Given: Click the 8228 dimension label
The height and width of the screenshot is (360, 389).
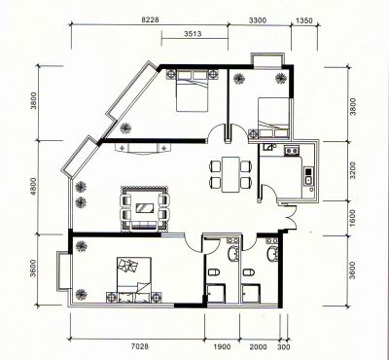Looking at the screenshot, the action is click(151, 19).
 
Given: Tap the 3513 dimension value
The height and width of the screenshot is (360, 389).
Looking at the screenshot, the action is click(193, 34).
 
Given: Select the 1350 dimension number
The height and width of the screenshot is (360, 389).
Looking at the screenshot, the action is click(304, 20).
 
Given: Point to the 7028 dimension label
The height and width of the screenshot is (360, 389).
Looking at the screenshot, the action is click(140, 346).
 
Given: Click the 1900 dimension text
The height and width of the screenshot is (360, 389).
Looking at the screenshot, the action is click(223, 347).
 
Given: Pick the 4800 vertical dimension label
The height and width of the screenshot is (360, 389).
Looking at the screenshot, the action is click(34, 187).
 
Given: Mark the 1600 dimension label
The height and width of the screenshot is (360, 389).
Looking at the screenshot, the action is click(353, 218).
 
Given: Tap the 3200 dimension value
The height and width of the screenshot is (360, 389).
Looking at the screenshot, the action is click(353, 170).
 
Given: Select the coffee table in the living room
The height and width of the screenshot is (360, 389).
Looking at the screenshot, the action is click(145, 208).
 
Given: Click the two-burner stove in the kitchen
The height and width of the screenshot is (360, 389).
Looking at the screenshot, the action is click(291, 151).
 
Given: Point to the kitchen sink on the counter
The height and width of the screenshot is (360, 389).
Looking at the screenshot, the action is click(308, 180).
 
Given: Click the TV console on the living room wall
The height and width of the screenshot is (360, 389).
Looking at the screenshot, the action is click(143, 149).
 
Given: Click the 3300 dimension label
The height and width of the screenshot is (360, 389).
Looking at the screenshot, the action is click(258, 20).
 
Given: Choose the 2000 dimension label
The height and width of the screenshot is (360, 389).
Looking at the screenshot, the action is click(259, 347).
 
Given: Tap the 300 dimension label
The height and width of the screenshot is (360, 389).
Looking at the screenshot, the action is click(284, 347).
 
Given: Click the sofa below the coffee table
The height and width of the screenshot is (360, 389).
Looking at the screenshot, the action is click(145, 226).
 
